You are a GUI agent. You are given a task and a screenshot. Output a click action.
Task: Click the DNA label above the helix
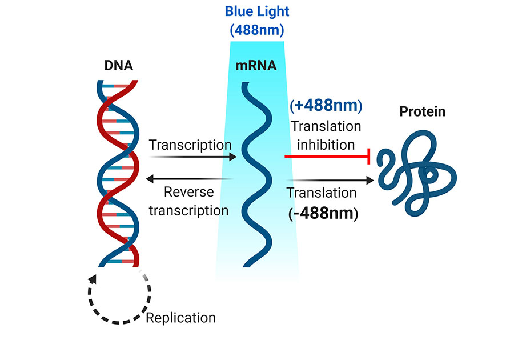pos(119,65)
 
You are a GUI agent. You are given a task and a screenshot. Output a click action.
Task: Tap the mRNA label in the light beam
pos(256,65)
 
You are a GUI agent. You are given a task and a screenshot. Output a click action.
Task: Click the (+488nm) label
pos(326,106)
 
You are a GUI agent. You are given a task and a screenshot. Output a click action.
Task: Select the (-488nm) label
pos(323,214)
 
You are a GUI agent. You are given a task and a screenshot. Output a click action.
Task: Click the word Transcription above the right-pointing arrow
pos(190,145)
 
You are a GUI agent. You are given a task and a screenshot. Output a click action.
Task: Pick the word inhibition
pos(327,145)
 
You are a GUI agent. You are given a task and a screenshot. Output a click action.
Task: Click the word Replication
pos(181,317)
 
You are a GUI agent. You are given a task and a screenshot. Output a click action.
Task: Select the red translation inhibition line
pos(326,155)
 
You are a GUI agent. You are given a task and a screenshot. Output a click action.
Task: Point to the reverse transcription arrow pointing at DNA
pos(188,179)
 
